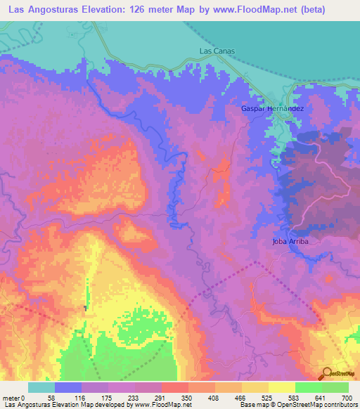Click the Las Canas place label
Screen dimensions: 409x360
pos(217,51)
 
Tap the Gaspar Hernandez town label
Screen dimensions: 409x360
pos(272,110)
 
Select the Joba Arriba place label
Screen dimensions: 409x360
pos(290,241)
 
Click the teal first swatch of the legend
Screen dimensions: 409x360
pos(41,387)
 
